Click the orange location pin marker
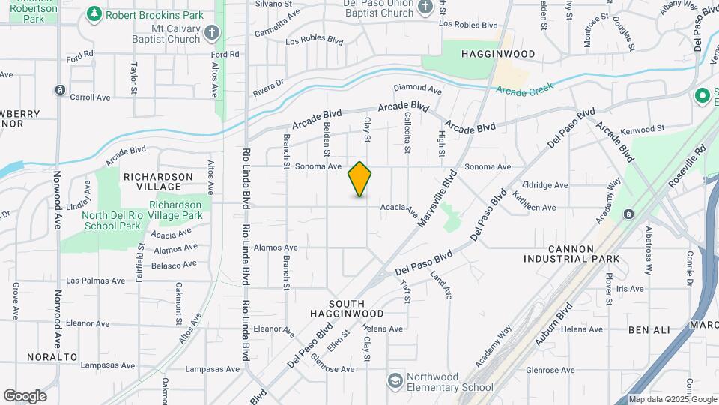tap(360, 179)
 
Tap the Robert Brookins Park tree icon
tap(94, 13)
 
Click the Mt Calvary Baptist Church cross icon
tap(213, 32)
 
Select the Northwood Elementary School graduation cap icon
tap(393, 381)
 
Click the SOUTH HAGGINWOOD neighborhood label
tap(347, 307)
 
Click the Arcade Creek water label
tap(524, 88)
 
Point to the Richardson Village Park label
tap(175, 210)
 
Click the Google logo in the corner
tap(25, 396)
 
